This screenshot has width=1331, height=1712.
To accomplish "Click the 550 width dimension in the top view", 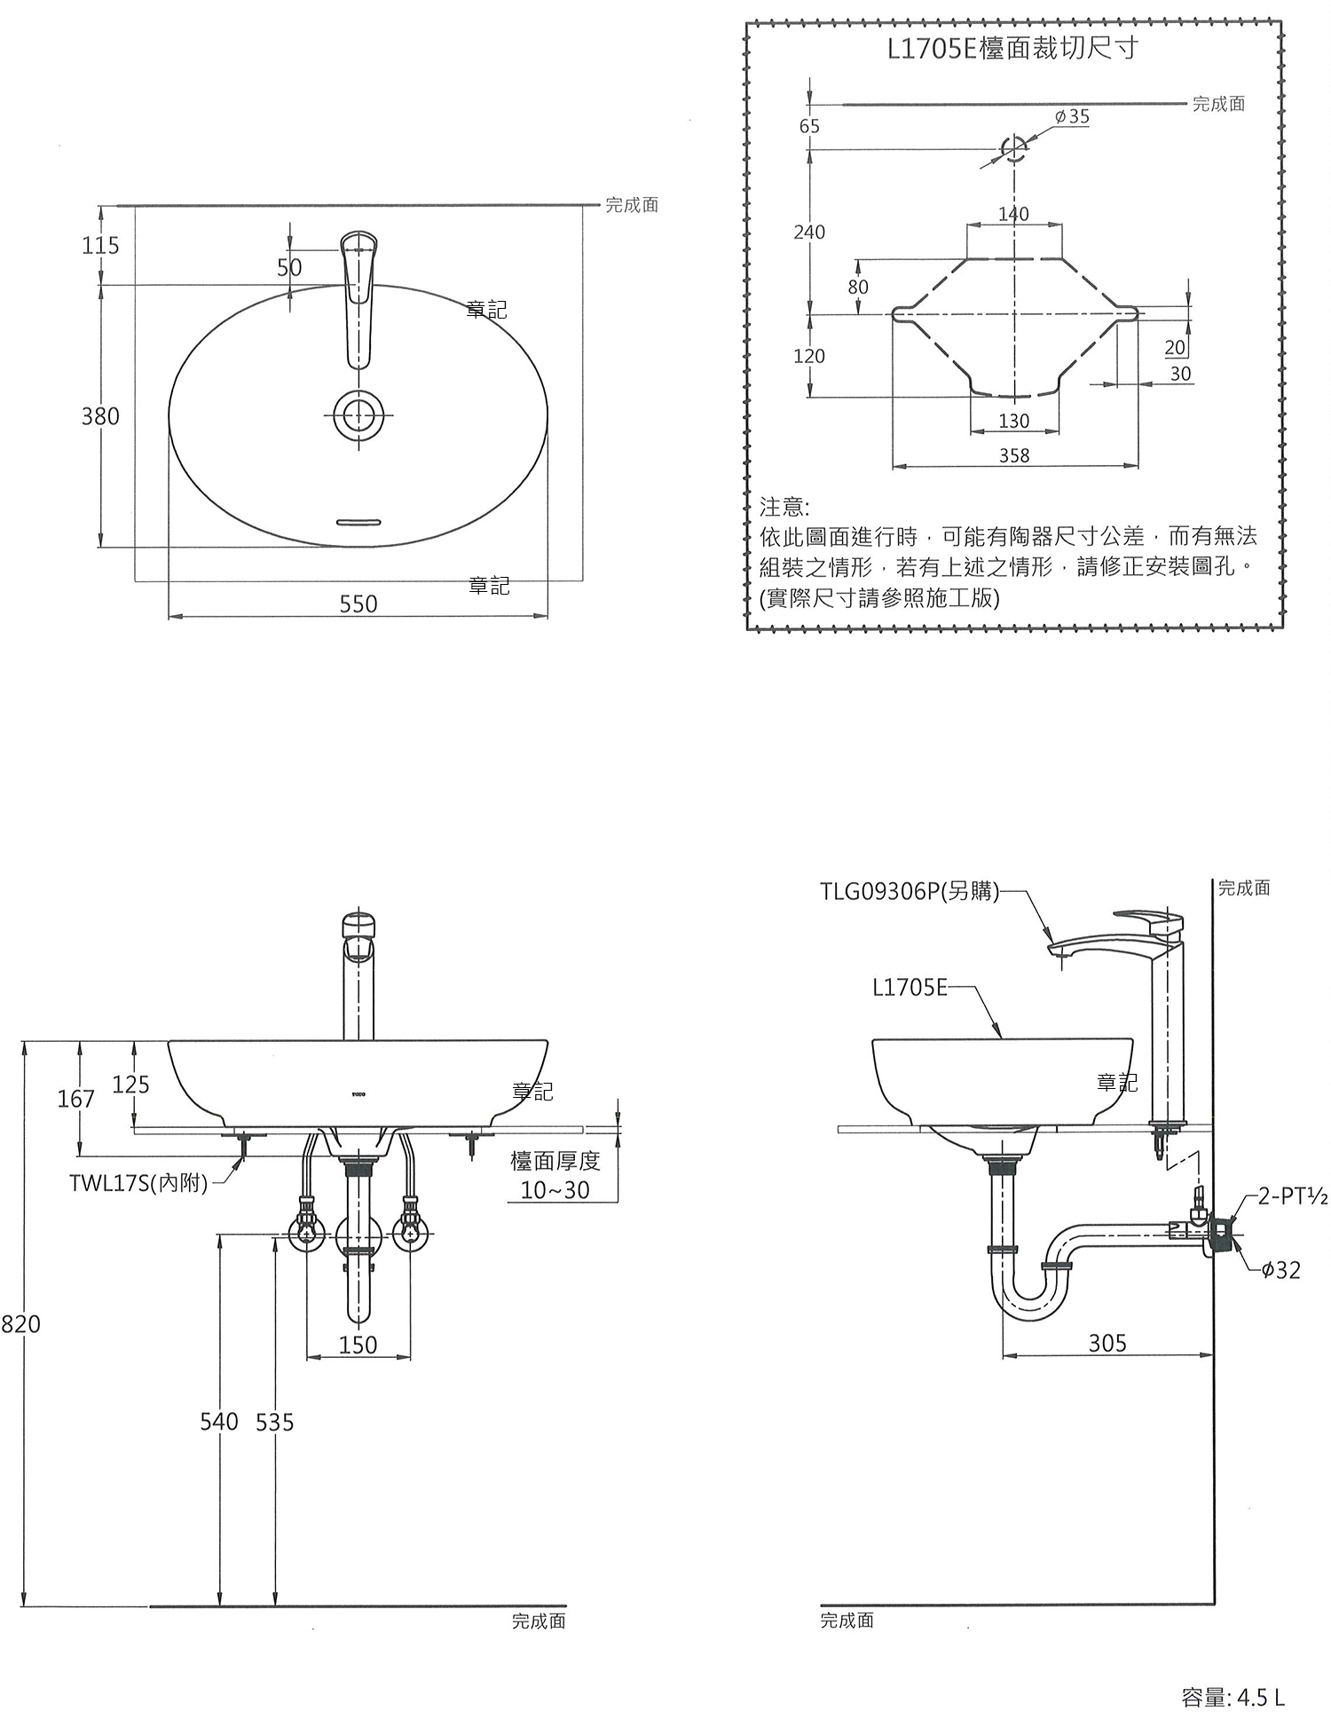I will coord(358,604).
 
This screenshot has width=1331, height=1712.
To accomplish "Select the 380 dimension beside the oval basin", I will coord(100,415).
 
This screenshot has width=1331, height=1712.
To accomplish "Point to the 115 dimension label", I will coord(100,245).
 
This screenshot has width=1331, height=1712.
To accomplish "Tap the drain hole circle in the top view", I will coord(358,415).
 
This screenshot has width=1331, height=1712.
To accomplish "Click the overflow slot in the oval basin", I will coord(358,521).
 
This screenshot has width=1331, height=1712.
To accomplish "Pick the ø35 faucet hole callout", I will coord(1072,116).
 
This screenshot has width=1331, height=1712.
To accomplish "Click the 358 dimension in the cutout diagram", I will coord(1014,455).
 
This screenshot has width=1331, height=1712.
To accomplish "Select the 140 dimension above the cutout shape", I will coord(1013,214).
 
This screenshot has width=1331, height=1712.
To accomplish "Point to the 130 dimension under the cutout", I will coord(1014,421).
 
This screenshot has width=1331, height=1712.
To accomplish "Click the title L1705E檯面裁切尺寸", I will coord(1012,48).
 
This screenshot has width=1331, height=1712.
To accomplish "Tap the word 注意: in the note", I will coord(784,507).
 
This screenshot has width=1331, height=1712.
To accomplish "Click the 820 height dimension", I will coord(20,1324).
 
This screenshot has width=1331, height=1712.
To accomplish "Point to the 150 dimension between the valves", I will coord(358,1345).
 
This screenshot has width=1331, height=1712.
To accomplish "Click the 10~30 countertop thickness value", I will coord(555,1190).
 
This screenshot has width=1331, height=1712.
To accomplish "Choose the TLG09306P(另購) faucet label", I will coord(910,891).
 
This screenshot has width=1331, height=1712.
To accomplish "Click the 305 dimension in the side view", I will coord(1107,1343).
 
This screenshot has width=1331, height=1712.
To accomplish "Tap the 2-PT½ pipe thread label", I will coord(1293,1197).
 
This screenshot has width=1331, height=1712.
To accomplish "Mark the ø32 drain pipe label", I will coord(1280,1270).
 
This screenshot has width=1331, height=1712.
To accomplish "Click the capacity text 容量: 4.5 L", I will coord(1233,1697).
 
